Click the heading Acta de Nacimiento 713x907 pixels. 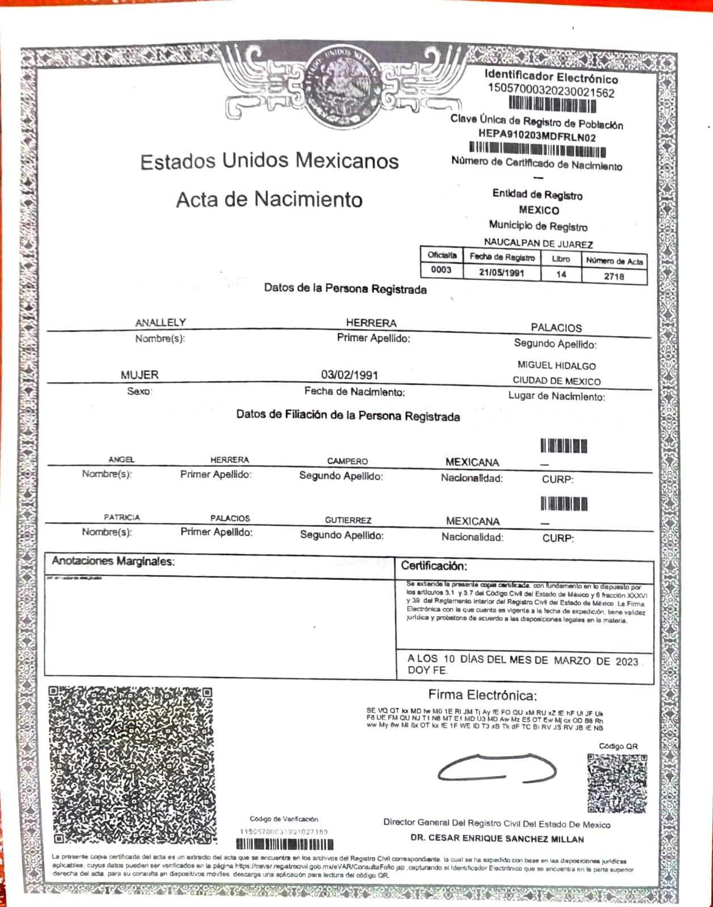tap(269, 200)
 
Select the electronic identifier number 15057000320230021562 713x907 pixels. tap(551, 92)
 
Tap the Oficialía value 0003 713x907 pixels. tap(441, 270)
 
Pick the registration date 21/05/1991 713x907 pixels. tap(502, 273)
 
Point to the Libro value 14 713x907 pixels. tap(561, 274)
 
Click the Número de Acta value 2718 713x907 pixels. tap(614, 277)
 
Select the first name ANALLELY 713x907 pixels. tap(160, 323)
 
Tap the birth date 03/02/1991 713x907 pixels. tap(349, 375)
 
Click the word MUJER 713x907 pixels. tap(139, 375)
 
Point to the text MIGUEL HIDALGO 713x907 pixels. tap(556, 366)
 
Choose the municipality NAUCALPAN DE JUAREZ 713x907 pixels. tap(538, 244)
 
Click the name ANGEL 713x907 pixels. tap(121, 460)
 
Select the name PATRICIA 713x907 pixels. tap(121, 518)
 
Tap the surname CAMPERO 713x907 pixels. tap(347, 461)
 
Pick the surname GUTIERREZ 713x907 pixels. tap(348, 520)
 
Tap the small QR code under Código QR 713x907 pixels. tap(617, 783)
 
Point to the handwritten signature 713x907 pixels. tap(496, 769)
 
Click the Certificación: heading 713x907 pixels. tap(434, 566)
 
